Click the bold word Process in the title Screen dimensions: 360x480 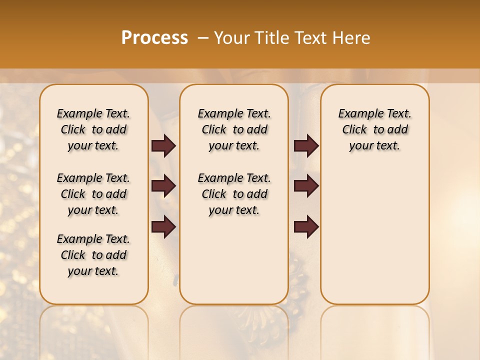(154, 37)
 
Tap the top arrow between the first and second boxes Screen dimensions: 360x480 (163, 146)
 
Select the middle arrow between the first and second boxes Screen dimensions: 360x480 (163, 186)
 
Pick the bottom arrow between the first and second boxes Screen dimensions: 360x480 (163, 227)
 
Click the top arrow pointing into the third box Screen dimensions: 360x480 (306, 146)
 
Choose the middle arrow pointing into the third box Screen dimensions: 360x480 (306, 186)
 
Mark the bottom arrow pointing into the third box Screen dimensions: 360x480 (306, 227)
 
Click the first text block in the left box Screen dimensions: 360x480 (93, 129)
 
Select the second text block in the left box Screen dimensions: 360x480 (93, 194)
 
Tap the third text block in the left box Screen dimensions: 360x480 (93, 255)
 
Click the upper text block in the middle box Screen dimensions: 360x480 (234, 129)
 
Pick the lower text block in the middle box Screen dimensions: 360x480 (234, 194)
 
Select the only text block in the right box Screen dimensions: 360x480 (374, 129)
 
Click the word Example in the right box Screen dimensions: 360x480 (356, 113)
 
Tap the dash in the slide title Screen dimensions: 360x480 (202, 37)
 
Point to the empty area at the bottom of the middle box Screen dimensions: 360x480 (234, 265)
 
